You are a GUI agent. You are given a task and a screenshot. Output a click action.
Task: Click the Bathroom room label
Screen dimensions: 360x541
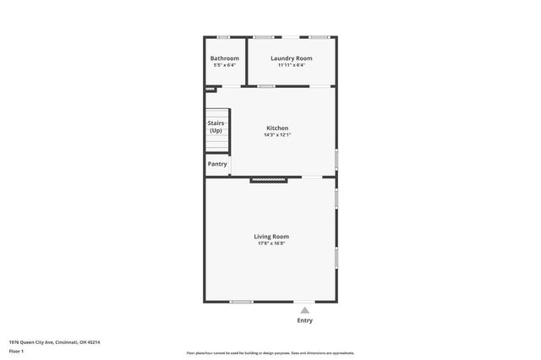point(224,58)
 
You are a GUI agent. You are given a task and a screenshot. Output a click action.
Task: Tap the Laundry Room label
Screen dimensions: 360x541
point(291,58)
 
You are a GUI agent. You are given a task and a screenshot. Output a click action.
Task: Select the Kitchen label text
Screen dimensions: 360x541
point(277,128)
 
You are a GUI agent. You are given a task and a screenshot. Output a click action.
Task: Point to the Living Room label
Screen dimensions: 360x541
point(271,237)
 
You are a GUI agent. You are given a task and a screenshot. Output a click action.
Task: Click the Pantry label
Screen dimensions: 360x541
point(217,164)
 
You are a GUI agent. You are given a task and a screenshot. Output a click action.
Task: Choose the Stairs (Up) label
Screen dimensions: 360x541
point(216,127)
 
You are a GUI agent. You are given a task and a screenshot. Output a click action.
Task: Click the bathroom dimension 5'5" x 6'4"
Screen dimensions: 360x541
point(224,64)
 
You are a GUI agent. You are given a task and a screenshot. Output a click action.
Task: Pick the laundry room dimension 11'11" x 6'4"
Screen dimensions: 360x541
point(291,64)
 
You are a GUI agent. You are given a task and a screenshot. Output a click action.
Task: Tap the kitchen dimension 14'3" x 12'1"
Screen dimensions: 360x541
point(277,135)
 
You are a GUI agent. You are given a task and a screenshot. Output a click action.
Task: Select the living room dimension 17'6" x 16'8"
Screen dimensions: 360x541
point(271,243)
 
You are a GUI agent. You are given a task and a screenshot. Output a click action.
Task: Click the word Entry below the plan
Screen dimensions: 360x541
point(305,320)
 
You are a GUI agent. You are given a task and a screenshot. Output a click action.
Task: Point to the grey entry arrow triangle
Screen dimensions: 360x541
point(305,310)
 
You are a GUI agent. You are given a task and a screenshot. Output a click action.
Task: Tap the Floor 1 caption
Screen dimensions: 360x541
point(17,350)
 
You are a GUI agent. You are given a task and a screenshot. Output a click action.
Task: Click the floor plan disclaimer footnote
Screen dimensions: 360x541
point(270,353)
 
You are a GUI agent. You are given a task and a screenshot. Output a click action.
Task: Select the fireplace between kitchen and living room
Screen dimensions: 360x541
point(269,179)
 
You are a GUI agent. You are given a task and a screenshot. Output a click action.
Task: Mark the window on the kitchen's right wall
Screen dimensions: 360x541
point(336,159)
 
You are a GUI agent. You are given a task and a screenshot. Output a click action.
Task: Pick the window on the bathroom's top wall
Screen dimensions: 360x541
point(223,36)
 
